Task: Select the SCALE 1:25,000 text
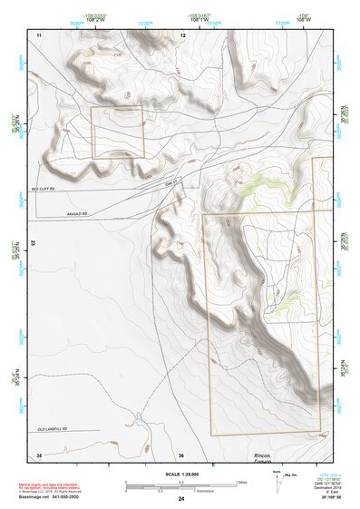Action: click(x=181, y=474)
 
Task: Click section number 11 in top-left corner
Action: click(x=39, y=34)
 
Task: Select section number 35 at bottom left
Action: click(x=39, y=455)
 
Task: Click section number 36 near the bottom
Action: click(x=181, y=455)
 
